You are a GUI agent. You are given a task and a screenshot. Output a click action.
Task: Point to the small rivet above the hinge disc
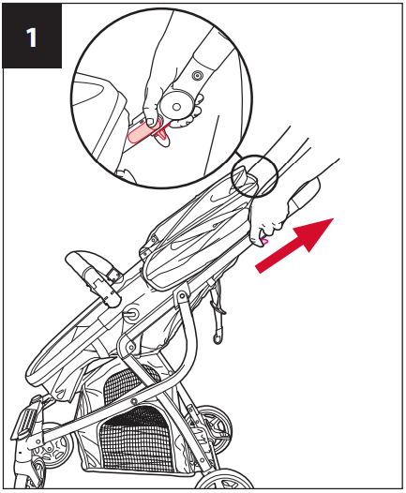point(196,73)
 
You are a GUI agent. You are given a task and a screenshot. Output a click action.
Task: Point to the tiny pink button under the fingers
point(265,242)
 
